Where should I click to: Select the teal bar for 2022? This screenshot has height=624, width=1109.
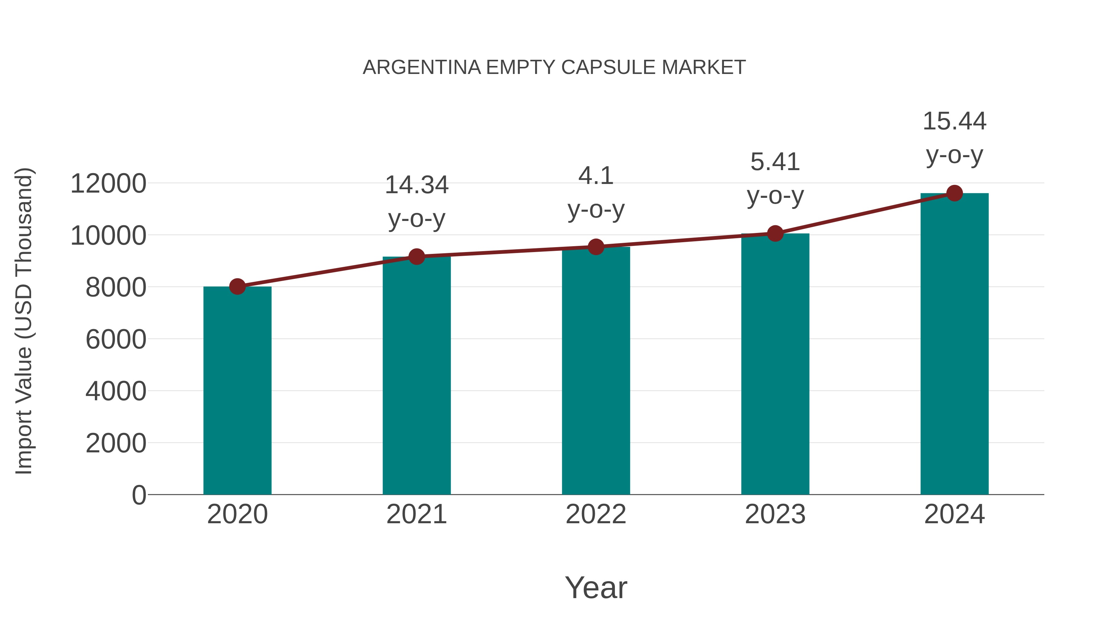(x=596, y=370)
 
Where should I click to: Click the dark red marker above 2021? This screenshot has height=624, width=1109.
(x=416, y=257)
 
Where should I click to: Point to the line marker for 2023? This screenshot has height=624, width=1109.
(x=775, y=233)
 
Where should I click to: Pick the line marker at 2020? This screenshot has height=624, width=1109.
(x=237, y=286)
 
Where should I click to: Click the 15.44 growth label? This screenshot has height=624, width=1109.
(x=954, y=121)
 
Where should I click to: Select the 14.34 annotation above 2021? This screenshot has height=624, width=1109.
(x=416, y=185)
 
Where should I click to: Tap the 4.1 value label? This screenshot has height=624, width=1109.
(x=596, y=176)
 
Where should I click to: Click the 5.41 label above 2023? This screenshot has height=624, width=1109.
(x=775, y=162)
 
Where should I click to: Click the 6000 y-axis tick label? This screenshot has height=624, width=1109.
(x=116, y=339)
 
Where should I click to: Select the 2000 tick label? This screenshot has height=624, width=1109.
(x=116, y=443)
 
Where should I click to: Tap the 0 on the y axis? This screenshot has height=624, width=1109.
(x=139, y=495)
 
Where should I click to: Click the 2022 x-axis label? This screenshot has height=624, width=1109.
(x=596, y=514)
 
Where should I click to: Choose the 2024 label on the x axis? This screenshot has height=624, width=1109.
(x=954, y=514)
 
